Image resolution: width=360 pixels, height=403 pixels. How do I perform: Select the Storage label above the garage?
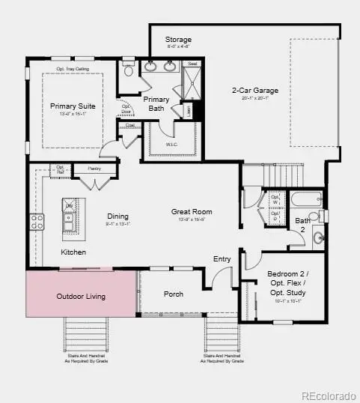(x=178, y=39)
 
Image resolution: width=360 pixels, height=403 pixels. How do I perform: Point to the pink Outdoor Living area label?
(x=81, y=297)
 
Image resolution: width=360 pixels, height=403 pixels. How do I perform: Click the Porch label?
(x=173, y=294)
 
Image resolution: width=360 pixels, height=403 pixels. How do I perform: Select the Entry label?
(x=222, y=259)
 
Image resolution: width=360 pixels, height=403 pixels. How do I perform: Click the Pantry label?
(x=94, y=169)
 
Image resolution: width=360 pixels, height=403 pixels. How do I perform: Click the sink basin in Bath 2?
(x=317, y=239)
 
